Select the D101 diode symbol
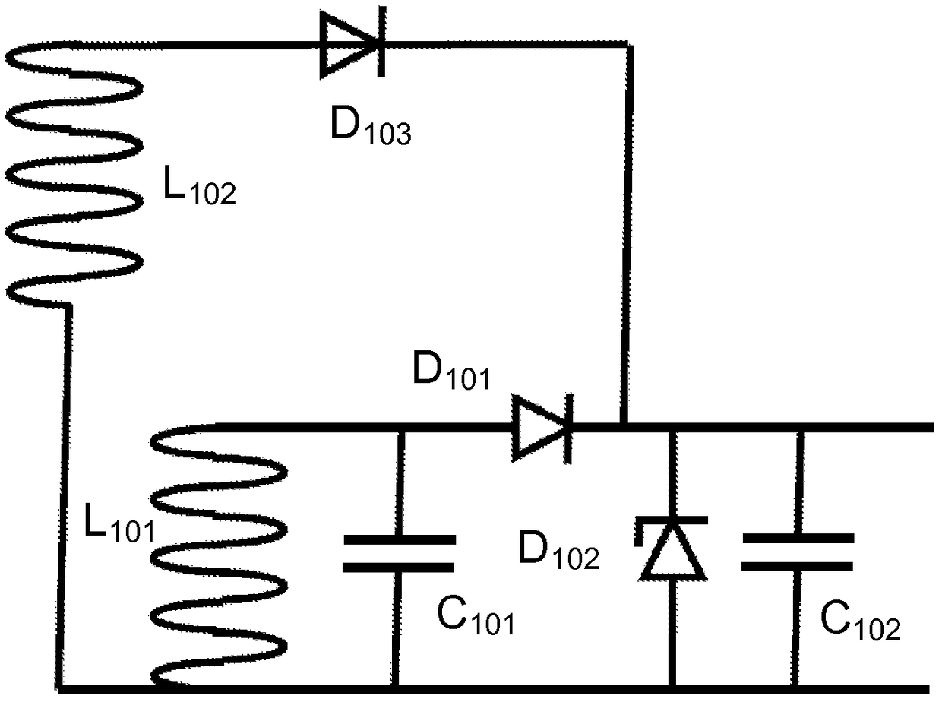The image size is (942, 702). point(542,428)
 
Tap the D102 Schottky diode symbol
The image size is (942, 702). point(672,549)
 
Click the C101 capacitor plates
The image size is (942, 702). point(399,553)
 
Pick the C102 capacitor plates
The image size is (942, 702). point(798,552)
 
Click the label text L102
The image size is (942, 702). point(199,185)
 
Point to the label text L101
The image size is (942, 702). point(119,523)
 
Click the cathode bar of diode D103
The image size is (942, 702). point(381,42)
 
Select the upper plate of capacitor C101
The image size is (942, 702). point(400,539)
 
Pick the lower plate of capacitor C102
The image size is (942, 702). point(797,567)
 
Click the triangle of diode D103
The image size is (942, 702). point(348,45)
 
